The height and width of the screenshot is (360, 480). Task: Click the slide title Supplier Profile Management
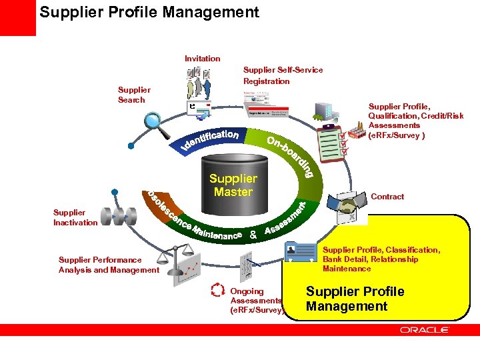149,13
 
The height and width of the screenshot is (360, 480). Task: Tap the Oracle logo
424,329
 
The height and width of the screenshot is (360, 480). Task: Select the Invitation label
202,59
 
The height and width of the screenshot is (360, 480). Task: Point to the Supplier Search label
133,95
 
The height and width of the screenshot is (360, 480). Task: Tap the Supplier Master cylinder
233,183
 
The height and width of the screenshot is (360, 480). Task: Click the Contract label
387,197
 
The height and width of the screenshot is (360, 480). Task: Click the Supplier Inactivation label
75,217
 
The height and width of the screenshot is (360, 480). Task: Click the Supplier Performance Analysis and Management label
109,265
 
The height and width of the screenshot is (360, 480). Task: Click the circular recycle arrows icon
217,291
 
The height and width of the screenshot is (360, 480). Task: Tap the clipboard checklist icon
331,141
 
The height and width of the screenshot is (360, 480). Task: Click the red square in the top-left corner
17,18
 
